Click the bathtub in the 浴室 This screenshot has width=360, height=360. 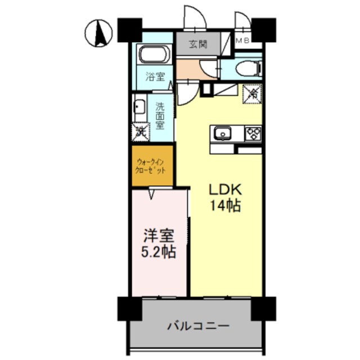tap(154, 55)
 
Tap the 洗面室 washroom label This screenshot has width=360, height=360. tap(160, 115)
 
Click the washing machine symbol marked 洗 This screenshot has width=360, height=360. tap(141, 132)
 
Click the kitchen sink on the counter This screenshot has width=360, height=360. tap(222, 134)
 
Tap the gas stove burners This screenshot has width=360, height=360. tap(253, 134)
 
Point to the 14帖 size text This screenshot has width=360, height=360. tap(226, 206)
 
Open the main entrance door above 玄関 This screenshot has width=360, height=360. tap(192, 17)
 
